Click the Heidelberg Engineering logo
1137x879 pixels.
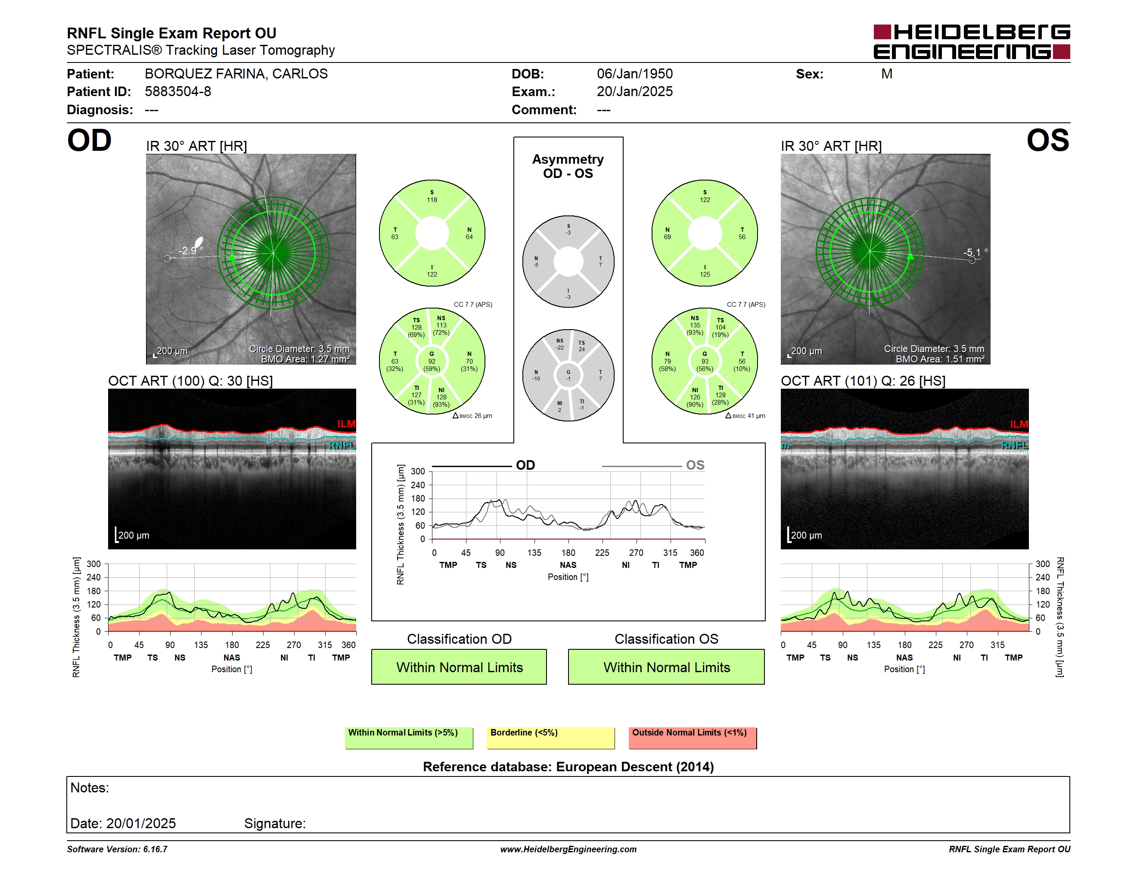[972, 42]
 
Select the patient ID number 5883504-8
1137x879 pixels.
[177, 92]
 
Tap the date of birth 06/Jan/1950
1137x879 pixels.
[635, 74]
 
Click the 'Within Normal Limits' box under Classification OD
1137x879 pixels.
[459, 667]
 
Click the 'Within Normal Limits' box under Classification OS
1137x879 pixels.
[666, 667]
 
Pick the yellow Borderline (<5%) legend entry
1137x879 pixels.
[550, 738]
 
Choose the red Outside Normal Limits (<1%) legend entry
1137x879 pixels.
[693, 738]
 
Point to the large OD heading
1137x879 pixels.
[89, 140]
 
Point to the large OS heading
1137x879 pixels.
[1047, 140]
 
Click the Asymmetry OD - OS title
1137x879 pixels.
[568, 166]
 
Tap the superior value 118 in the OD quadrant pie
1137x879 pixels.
[432, 200]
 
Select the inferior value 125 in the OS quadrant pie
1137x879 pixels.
[705, 274]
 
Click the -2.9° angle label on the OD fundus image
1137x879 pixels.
[190, 250]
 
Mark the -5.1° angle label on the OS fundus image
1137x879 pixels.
[975, 252]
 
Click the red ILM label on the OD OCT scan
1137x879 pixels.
[346, 424]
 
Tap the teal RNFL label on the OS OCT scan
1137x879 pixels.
[1015, 445]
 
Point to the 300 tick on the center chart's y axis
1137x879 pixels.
[418, 471]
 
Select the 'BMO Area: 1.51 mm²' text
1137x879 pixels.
[940, 359]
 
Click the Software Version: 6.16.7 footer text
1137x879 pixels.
[117, 849]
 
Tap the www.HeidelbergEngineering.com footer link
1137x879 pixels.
[568, 849]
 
